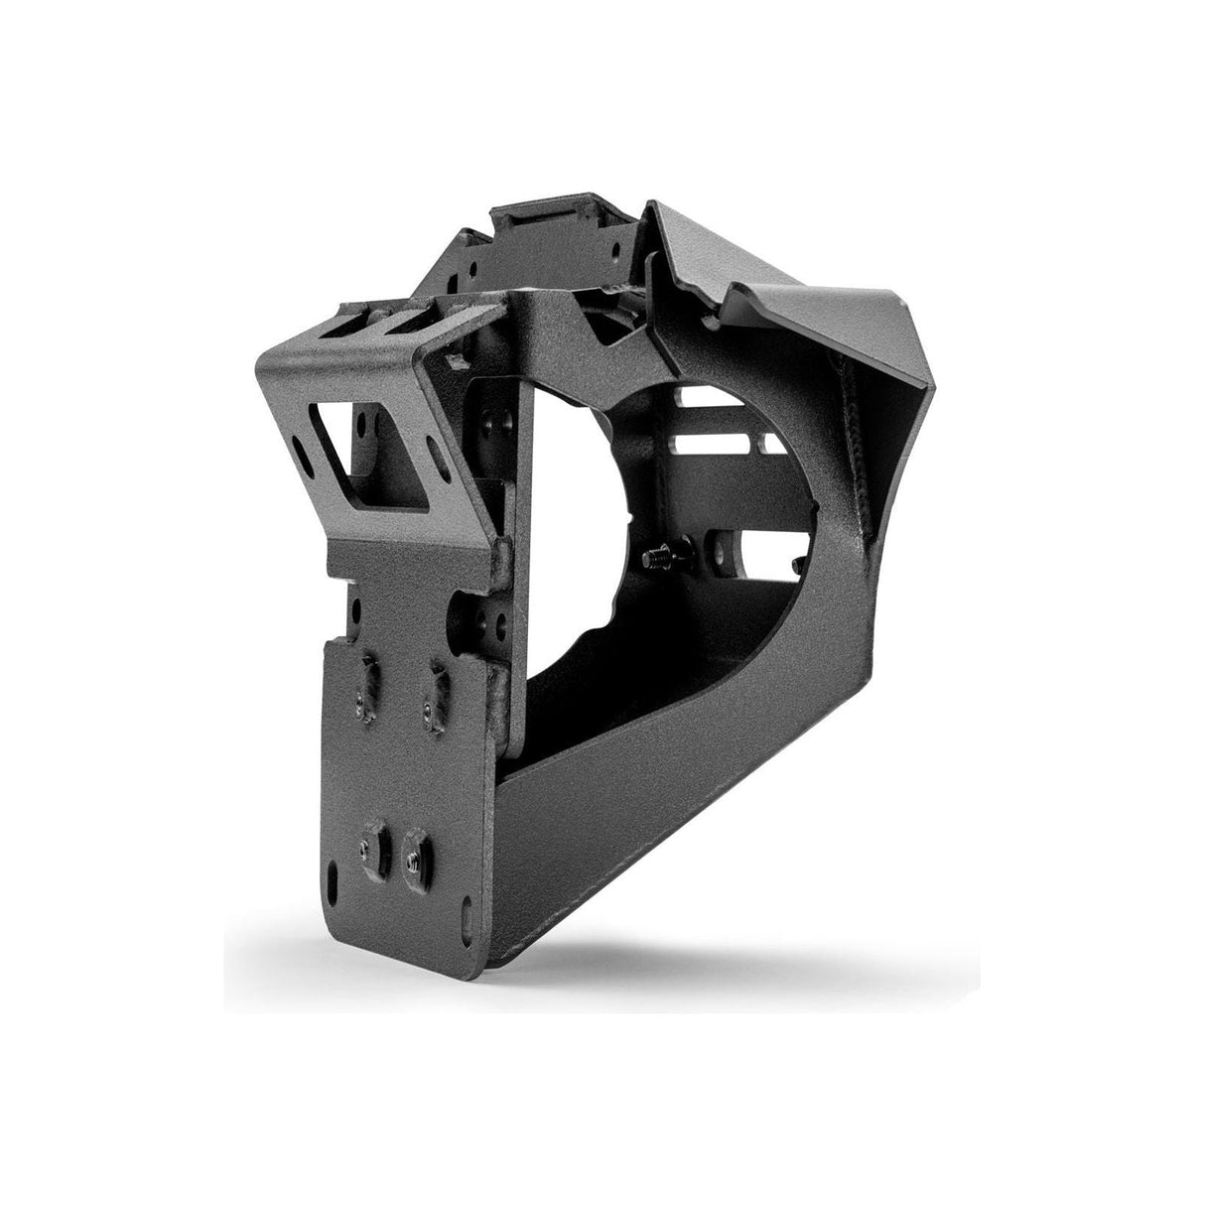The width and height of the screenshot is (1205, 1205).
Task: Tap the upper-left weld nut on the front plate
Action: click(368, 683)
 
